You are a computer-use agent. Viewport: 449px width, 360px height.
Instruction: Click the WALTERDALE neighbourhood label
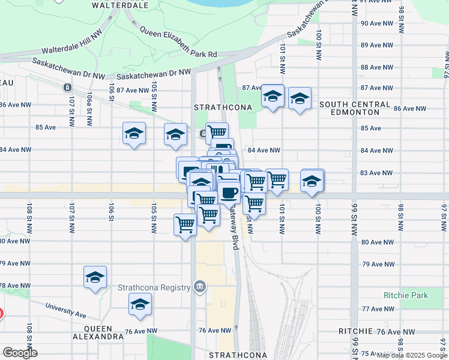coord(121,5)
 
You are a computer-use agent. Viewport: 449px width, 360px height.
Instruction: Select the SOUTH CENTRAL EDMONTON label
coord(355,109)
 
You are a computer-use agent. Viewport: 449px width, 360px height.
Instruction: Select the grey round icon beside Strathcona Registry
coord(200,287)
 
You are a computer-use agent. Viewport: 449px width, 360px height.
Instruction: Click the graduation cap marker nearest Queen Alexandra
coord(140,305)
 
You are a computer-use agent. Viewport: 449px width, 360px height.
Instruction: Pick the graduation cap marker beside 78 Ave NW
coord(95,277)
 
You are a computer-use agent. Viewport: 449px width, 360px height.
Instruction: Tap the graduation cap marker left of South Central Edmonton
coord(273,95)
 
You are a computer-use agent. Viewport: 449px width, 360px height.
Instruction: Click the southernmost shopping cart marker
coord(185,225)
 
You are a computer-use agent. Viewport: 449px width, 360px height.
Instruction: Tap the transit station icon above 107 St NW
coord(67,88)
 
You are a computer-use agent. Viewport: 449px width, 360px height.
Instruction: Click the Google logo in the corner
coord(19,353)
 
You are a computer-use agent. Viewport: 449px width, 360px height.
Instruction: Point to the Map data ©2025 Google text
coord(411,355)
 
